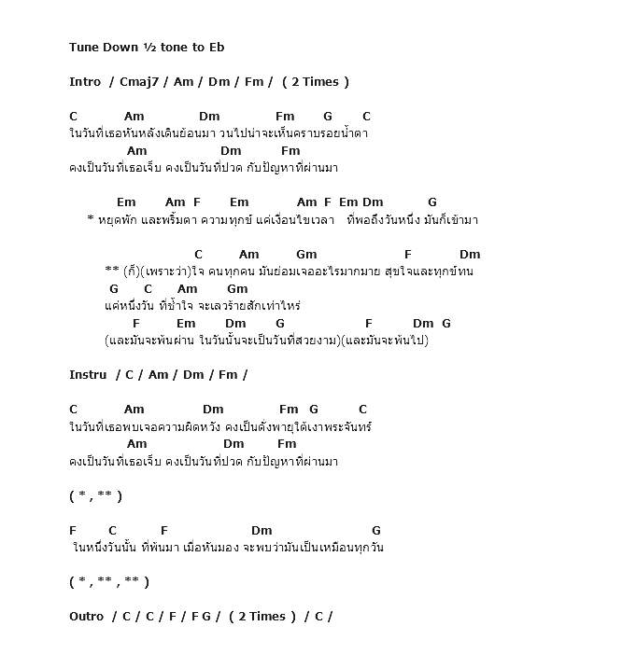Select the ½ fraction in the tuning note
point(148,48)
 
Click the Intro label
point(85,82)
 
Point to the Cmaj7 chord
point(140,82)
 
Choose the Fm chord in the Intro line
point(253,82)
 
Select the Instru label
point(88,375)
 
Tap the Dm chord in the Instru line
point(193,375)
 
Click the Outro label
point(87,617)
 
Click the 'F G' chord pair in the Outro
point(202,617)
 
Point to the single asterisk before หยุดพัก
point(90,219)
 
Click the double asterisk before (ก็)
point(112,271)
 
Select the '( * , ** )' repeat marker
point(95,496)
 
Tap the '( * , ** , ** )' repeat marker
point(109,582)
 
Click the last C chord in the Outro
point(318,617)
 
